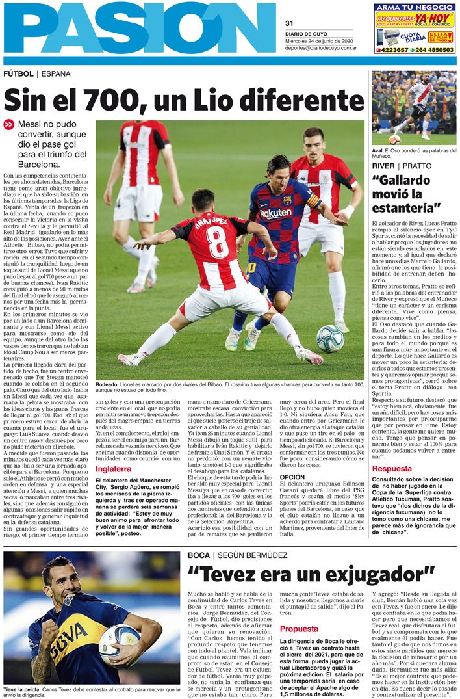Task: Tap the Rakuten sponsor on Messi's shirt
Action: tap(275, 213)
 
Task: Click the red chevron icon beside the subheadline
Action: tap(8, 124)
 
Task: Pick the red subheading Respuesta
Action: tap(392, 468)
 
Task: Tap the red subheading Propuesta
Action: tap(299, 629)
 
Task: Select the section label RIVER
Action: tap(383, 166)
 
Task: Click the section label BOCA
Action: tap(198, 555)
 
